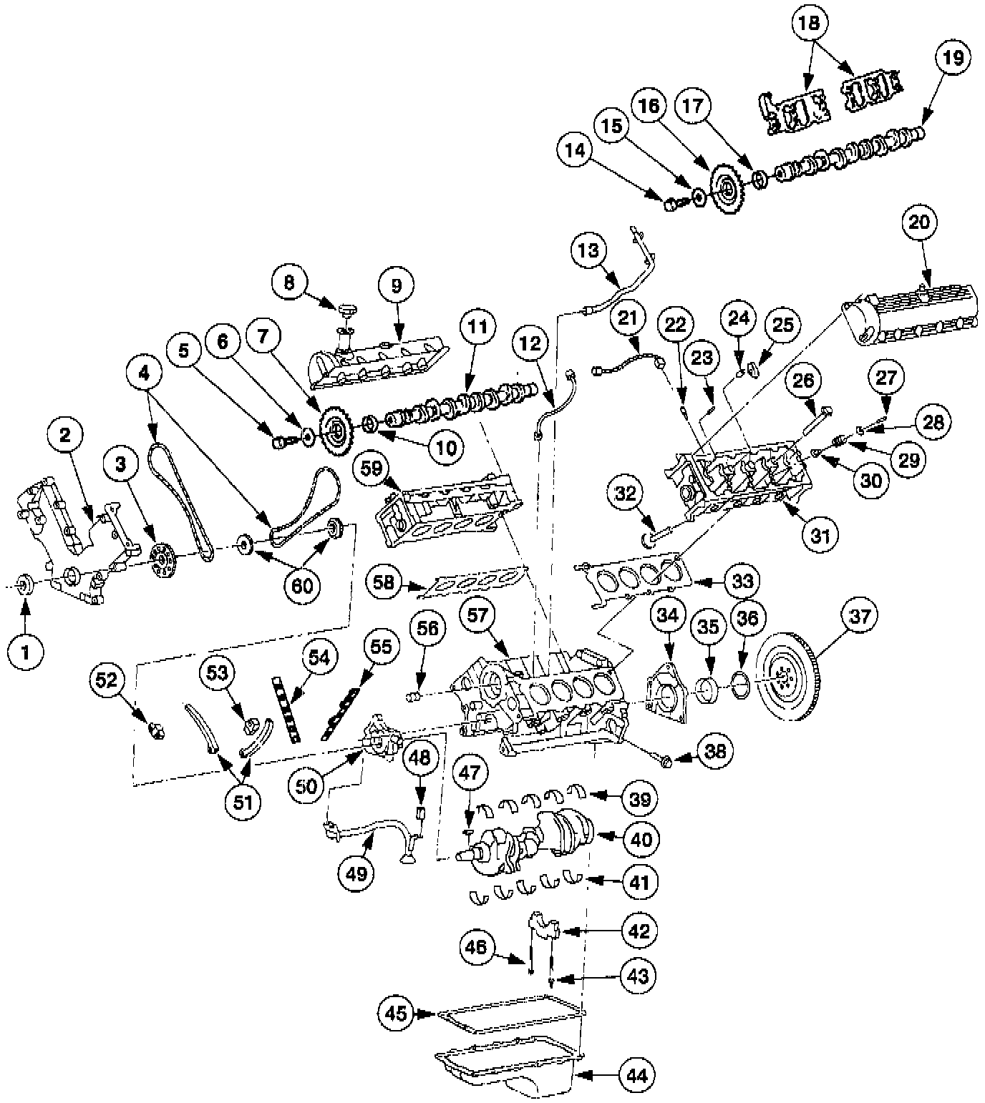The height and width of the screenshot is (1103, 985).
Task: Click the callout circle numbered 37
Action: click(x=860, y=615)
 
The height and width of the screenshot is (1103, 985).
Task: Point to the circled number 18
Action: click(x=809, y=23)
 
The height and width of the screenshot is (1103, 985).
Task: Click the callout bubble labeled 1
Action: click(x=26, y=652)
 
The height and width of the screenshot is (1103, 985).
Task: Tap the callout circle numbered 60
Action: click(x=303, y=586)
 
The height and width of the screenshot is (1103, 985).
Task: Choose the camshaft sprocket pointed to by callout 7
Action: click(x=334, y=430)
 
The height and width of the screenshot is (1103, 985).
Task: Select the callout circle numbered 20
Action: click(x=919, y=222)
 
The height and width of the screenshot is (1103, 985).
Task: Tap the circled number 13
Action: click(x=589, y=250)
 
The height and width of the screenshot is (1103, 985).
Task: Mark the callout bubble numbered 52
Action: click(x=107, y=680)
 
